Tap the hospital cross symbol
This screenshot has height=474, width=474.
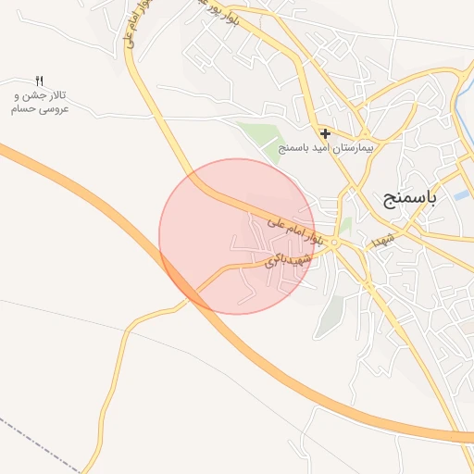tap(325, 133)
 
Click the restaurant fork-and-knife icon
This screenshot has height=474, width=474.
tap(39, 81)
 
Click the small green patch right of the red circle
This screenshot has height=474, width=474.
tap(344, 225)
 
